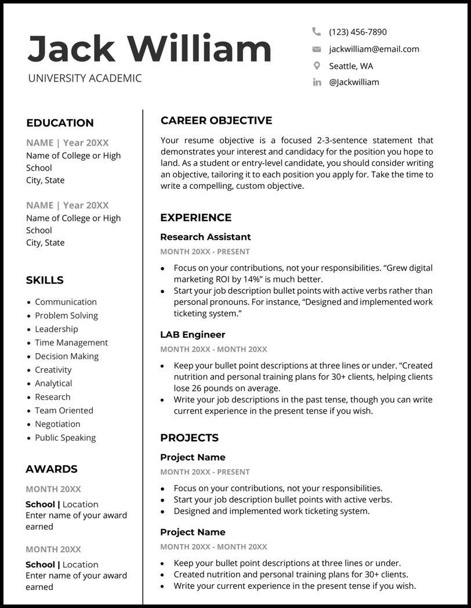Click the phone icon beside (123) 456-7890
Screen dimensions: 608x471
point(316,31)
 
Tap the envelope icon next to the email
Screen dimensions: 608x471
point(317,49)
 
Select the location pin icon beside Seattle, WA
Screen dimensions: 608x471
point(317,66)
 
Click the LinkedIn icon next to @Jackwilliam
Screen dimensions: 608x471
point(317,82)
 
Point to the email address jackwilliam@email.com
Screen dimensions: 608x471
point(374,49)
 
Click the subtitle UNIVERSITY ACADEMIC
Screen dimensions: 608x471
point(85,78)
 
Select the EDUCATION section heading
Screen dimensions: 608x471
point(60,123)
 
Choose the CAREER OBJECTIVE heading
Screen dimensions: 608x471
point(216,121)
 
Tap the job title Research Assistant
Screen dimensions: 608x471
point(205,237)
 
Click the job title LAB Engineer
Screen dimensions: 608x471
point(193,334)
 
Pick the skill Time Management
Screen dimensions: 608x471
point(71,343)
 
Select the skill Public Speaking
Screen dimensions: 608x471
point(66,438)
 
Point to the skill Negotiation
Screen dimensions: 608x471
point(57,424)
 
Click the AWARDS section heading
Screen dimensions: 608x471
point(52,469)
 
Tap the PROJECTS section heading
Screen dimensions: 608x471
point(189,438)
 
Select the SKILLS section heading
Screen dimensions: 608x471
point(45,280)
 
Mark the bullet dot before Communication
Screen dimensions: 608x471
point(29,303)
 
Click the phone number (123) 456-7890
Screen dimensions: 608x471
point(357,32)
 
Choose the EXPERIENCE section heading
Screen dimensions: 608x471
point(195,218)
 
